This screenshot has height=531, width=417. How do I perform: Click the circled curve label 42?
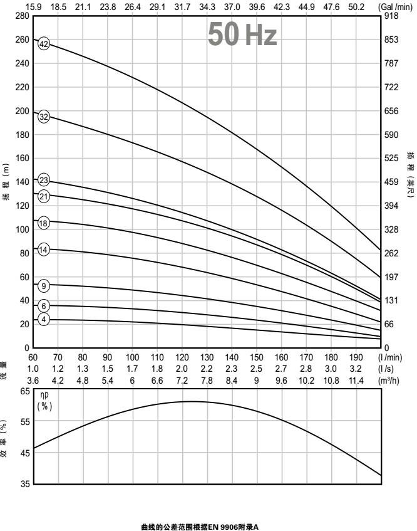44,44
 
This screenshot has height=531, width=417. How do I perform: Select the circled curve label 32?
44,117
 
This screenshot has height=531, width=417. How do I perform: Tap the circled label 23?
44,181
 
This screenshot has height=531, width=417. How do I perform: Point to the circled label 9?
44,287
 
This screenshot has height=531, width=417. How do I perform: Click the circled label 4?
44,320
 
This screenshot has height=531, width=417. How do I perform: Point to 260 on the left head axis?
23,39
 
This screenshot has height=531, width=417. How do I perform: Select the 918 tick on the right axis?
392,16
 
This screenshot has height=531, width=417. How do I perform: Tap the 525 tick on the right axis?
392,158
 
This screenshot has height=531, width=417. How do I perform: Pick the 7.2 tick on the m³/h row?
182,379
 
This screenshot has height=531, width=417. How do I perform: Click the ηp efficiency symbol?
45,396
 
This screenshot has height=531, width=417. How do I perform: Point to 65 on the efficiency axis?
25,391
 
